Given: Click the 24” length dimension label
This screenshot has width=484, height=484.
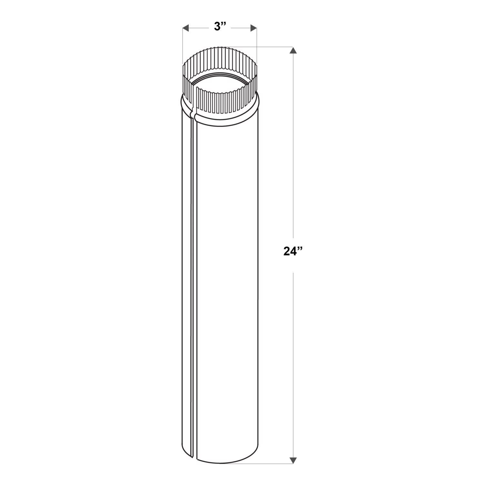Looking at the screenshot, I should [293, 251].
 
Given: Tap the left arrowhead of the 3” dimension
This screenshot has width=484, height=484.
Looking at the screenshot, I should [185, 28].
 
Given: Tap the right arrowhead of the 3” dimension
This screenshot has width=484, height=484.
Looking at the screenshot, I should [254, 28].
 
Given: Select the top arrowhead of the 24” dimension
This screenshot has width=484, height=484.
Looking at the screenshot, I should [293, 51].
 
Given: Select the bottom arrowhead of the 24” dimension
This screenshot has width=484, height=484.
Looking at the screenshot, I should [293, 460].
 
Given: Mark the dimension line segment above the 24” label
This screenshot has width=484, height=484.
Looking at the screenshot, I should [293, 145].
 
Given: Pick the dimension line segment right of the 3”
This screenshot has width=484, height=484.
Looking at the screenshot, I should [240, 28].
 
